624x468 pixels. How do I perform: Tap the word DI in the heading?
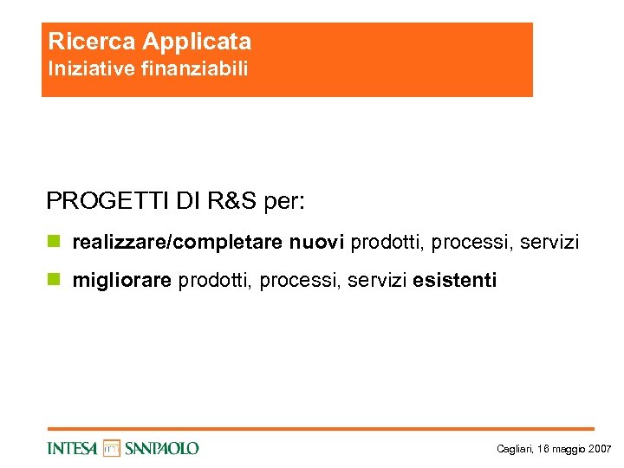(x=186, y=201)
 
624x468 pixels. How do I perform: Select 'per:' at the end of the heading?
(x=285, y=201)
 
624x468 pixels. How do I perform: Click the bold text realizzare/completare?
(x=178, y=243)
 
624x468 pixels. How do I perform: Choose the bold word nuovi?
(x=317, y=243)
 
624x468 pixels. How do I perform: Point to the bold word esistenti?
(x=455, y=281)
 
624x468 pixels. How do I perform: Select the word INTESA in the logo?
(x=74, y=448)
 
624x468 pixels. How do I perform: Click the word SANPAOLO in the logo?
(x=162, y=448)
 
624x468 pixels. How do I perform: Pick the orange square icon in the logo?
(x=112, y=448)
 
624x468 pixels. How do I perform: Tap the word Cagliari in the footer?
(x=514, y=449)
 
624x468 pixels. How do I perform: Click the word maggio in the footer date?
(x=569, y=449)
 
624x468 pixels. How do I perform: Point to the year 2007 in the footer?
(x=601, y=449)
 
